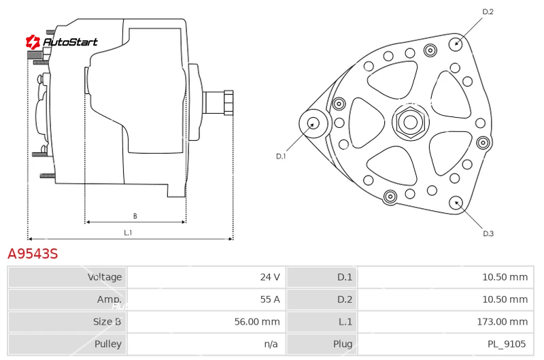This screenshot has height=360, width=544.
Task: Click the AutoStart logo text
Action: point(70,42)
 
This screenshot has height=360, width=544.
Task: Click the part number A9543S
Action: point(33,254)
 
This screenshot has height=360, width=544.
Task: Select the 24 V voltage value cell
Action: point(207,277)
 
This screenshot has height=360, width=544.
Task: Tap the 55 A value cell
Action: point(207,299)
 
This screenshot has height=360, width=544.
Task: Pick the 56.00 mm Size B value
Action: point(257,322)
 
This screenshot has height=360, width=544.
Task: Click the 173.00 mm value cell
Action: point(446,322)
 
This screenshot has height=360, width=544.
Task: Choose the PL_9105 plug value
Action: point(507,344)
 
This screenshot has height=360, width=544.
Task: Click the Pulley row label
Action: point(108,344)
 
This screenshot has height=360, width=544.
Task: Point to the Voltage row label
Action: point(105,277)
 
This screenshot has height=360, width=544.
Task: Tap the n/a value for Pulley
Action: point(271,344)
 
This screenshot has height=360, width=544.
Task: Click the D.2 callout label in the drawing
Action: point(488,12)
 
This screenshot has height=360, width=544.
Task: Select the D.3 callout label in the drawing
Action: point(488,233)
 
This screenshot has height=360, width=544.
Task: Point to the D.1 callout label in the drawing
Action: point(281,157)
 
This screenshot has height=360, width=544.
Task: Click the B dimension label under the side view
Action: point(135,216)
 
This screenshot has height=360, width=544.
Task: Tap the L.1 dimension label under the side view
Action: point(128,233)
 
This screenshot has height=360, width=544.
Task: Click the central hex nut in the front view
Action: point(411,122)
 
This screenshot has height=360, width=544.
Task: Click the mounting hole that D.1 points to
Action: point(313,123)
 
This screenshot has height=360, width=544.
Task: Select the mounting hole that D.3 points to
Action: point(456,203)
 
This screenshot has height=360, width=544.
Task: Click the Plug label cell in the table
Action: point(343,344)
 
